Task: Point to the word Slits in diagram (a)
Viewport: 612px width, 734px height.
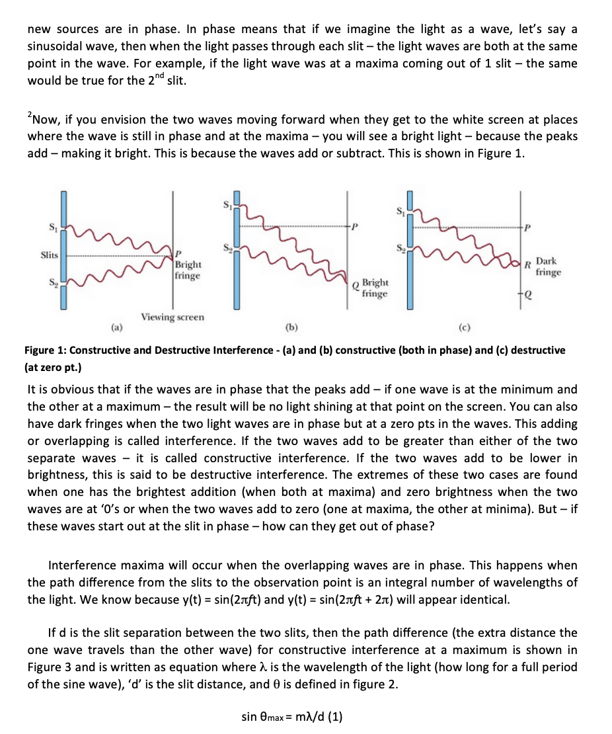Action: click(50, 255)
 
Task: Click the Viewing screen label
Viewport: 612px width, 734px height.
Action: click(172, 317)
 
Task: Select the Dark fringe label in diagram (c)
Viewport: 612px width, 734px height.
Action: click(548, 266)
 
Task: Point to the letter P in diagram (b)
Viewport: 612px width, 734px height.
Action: click(355, 226)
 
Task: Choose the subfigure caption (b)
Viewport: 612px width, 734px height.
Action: click(291, 326)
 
